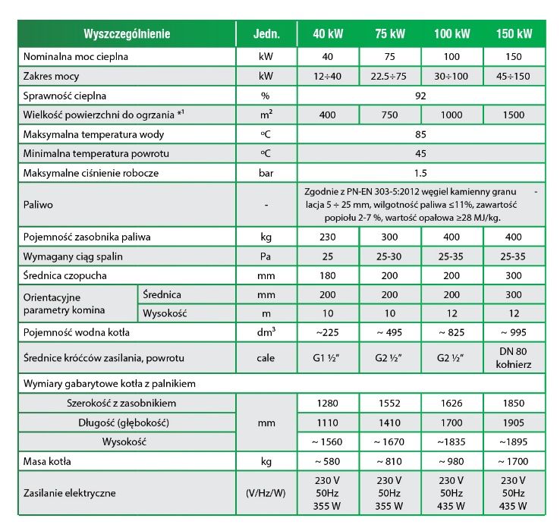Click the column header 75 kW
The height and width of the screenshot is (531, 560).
390,34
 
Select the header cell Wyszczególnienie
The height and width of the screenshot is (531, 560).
127,34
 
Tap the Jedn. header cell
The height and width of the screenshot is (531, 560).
266,34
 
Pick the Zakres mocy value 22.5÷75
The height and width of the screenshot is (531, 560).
390,77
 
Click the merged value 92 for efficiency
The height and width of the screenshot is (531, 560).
421,96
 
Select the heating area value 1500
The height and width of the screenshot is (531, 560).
514,115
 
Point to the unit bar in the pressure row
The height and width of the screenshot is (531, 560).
266,173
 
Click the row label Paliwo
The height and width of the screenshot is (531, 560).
38,205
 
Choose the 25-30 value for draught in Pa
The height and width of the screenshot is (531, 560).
390,256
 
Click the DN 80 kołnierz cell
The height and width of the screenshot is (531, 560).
514,357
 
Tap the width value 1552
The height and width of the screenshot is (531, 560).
390,403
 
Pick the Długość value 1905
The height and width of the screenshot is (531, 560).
514,421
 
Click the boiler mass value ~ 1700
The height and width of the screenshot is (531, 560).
514,460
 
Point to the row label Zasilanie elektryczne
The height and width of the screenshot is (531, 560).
70,492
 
